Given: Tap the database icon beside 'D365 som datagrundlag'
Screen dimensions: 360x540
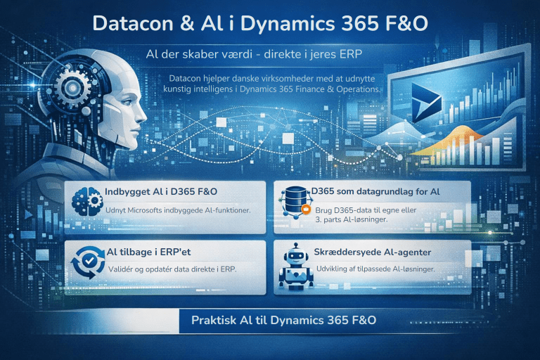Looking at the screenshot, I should click(294, 197).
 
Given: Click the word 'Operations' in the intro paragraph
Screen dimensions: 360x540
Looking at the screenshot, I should click(354, 89).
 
